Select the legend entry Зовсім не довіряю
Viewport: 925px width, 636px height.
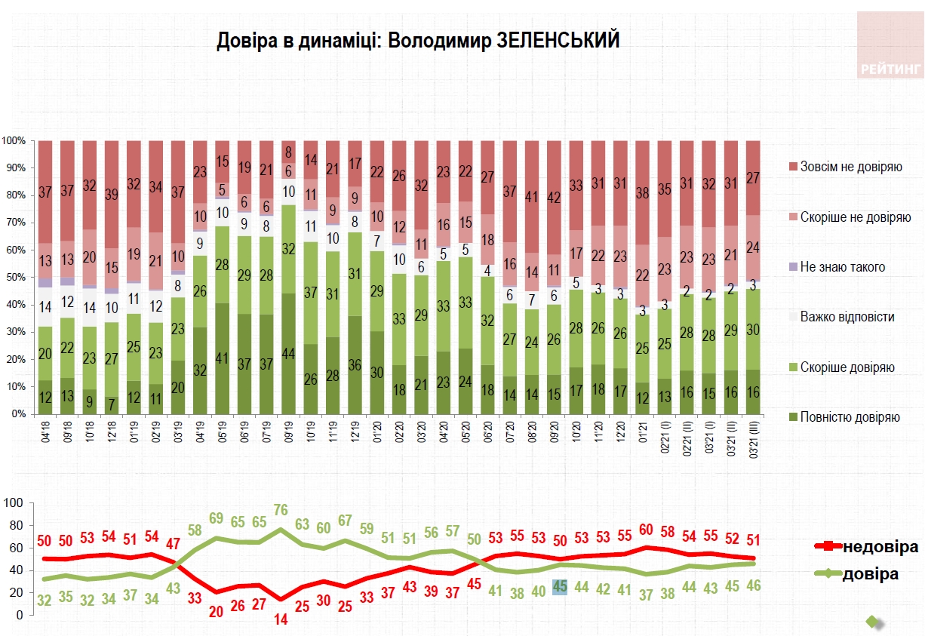[851, 166]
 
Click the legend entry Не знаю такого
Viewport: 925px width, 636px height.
[844, 267]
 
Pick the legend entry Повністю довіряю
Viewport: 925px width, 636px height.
[850, 417]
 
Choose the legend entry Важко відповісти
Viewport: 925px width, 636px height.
[848, 317]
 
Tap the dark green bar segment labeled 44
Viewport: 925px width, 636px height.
[288, 355]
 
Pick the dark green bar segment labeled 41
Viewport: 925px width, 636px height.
[223, 359]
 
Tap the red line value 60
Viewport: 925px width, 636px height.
[647, 529]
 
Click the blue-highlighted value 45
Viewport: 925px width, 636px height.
[559, 586]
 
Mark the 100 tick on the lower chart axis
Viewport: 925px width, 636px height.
[15, 502]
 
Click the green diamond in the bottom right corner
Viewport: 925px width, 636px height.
[872, 622]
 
